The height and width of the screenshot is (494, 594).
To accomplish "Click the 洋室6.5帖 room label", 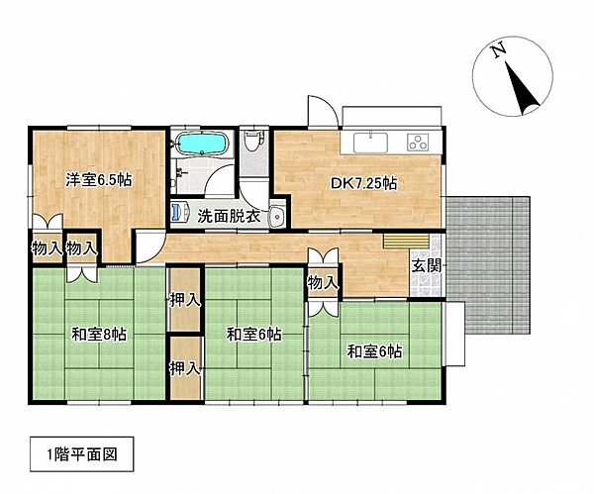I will pos(100,180).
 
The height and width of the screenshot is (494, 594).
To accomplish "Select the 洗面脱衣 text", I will pos(230,216).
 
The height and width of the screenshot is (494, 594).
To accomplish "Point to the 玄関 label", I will pos(427,264).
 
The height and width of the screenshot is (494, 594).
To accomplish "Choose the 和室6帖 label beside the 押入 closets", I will pos(253,335).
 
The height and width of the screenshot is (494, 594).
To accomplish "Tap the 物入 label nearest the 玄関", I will pos(323,283).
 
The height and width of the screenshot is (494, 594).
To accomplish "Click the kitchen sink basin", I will pos(369,142).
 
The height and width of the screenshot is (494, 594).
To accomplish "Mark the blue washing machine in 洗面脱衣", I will pos(181,212).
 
